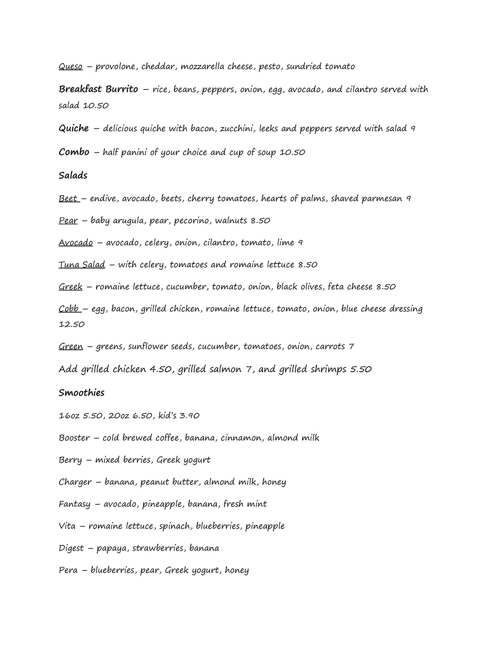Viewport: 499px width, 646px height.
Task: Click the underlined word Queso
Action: click(x=70, y=67)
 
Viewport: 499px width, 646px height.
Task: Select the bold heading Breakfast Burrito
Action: click(x=98, y=89)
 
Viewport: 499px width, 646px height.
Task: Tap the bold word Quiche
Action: click(x=73, y=128)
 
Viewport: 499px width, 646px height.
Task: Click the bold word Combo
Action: click(x=74, y=152)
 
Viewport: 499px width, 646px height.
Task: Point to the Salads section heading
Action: click(x=73, y=175)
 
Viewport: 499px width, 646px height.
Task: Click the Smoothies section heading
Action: click(x=81, y=393)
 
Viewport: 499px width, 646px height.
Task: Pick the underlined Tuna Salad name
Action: click(x=82, y=264)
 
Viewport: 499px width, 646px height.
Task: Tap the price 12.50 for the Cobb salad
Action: click(x=72, y=324)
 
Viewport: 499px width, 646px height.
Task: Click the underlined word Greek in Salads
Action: click(x=70, y=286)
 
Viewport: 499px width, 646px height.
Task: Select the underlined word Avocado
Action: click(x=76, y=242)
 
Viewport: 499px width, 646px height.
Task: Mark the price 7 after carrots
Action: click(x=351, y=346)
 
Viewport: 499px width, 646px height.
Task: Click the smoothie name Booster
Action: click(x=74, y=438)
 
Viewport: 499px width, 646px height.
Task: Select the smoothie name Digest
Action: click(x=71, y=548)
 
